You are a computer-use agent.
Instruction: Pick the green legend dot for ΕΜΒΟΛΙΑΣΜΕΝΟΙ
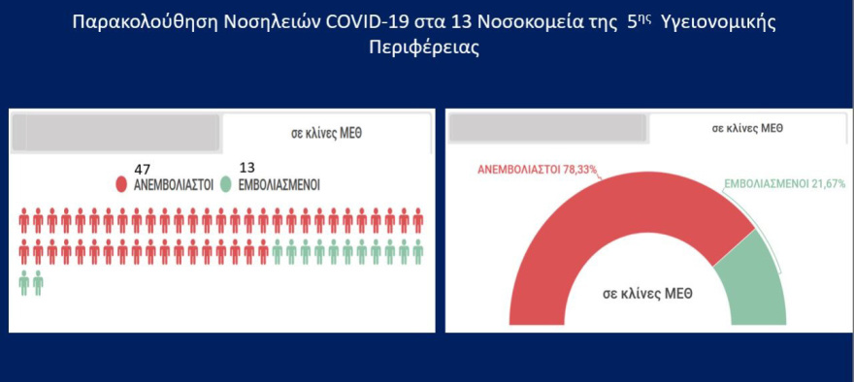[x=226, y=184]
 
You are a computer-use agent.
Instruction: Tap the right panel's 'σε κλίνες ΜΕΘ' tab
[x=747, y=128]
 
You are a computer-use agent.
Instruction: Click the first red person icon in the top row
[x=24, y=222]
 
